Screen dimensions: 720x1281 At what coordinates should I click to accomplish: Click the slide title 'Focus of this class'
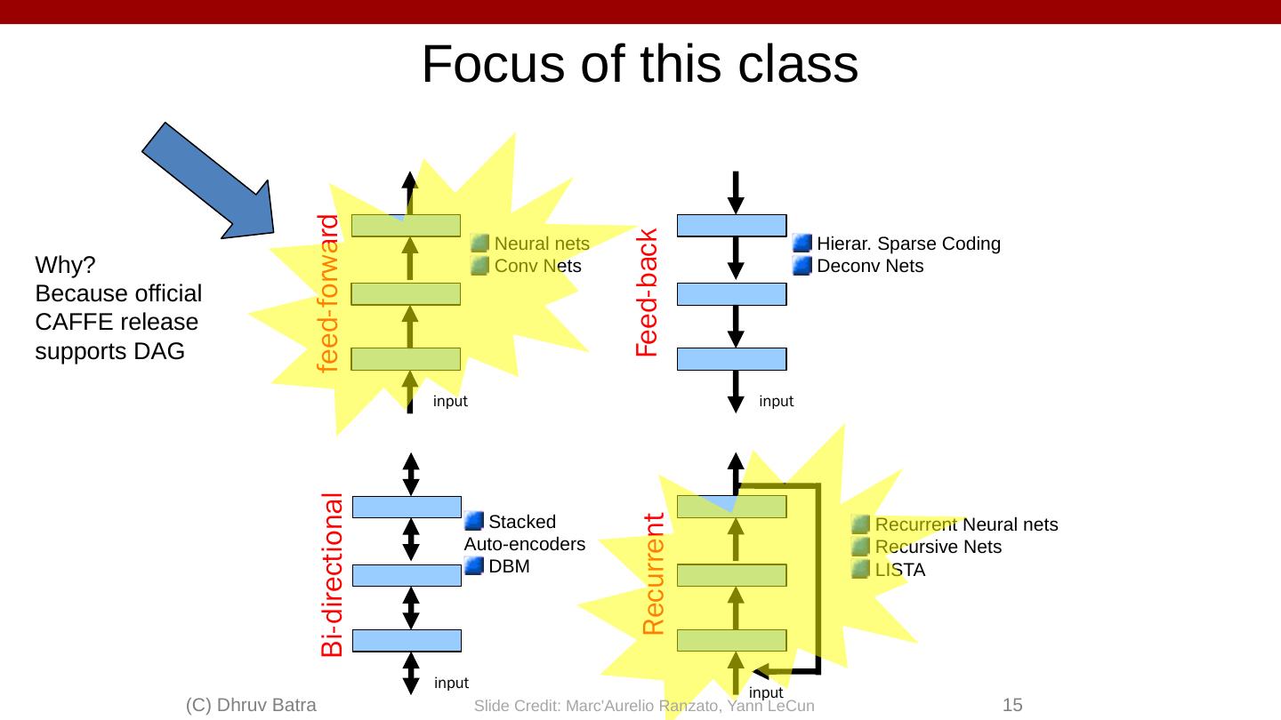[x=640, y=65]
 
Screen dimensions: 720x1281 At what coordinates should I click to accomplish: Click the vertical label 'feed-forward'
[x=329, y=292]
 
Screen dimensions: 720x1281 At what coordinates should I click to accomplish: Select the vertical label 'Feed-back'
[x=647, y=293]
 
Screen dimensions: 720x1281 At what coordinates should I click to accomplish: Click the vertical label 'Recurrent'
[x=654, y=574]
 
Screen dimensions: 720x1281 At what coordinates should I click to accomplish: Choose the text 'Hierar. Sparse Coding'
[x=908, y=244]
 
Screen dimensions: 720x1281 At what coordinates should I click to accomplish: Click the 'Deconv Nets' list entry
[x=870, y=267]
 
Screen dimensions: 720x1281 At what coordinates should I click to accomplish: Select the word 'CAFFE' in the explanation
[x=70, y=323]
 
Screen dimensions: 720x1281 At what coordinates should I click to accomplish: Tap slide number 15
[x=1012, y=706]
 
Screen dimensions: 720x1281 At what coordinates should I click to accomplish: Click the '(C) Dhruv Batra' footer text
[x=251, y=706]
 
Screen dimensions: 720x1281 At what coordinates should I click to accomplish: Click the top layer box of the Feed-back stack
[x=732, y=226]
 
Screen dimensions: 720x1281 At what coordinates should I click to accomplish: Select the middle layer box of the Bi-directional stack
[x=407, y=575]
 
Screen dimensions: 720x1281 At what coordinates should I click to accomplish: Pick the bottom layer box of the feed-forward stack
[x=406, y=359]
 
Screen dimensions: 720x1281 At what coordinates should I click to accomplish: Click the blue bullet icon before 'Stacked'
[x=475, y=520]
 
